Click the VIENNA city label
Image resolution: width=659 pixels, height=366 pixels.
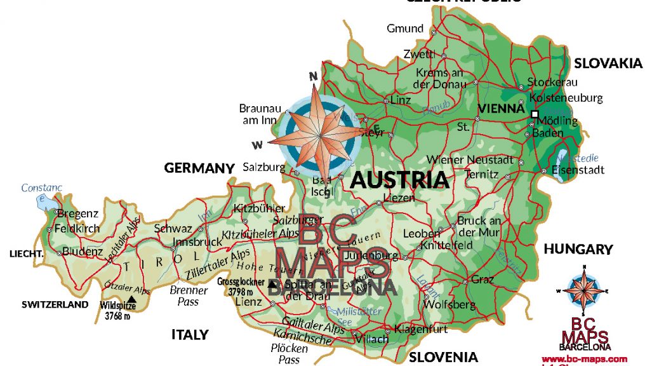(x=501, y=109)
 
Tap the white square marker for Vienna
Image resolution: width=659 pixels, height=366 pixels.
(x=535, y=114)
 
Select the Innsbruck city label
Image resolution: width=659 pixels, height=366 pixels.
(x=197, y=242)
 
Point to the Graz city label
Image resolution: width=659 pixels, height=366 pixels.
(x=482, y=280)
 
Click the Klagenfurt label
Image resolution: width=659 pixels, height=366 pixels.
(x=421, y=329)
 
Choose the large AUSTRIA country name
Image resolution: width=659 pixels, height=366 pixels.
(x=399, y=180)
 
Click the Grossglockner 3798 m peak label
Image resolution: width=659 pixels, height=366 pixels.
(x=241, y=287)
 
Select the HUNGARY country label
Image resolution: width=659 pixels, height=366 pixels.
(x=578, y=249)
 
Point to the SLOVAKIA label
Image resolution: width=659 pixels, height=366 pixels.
(x=608, y=64)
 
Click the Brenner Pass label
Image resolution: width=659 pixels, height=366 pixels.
(x=189, y=296)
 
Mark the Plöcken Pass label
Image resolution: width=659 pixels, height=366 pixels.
(x=290, y=354)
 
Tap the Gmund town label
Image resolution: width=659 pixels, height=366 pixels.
(x=405, y=29)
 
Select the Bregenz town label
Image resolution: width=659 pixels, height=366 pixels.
(x=77, y=213)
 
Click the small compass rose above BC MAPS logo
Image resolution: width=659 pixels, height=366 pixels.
(x=582, y=290)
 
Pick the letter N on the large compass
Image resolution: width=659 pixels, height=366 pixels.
(x=313, y=76)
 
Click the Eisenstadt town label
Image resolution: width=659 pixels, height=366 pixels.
(x=577, y=170)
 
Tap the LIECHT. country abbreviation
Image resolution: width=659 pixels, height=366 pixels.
(x=25, y=254)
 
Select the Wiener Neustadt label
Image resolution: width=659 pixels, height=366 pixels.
(x=470, y=159)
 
